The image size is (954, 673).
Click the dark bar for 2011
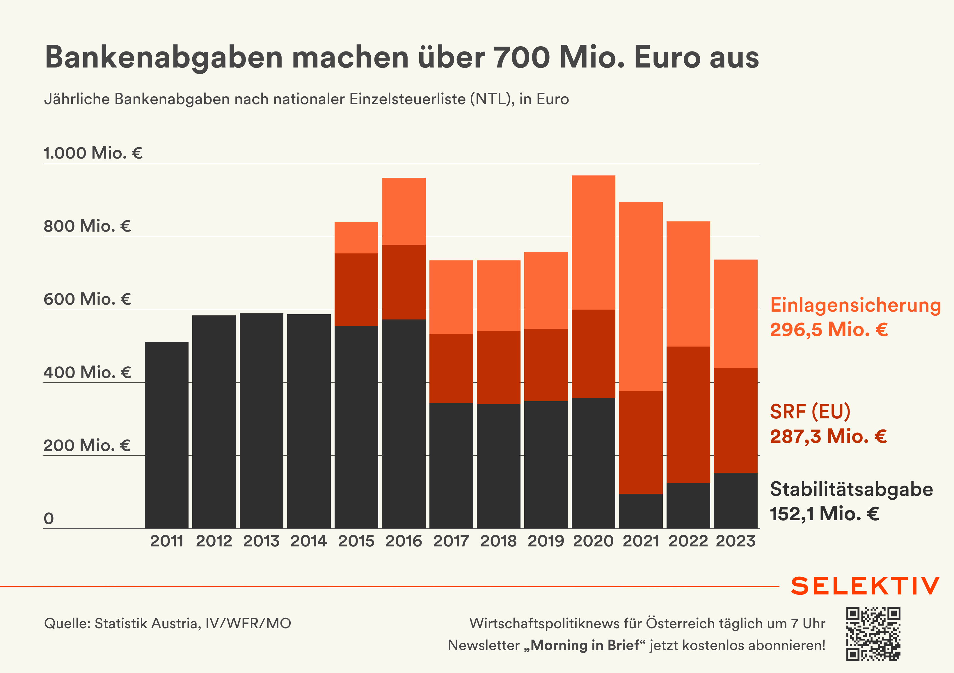[x=167, y=435]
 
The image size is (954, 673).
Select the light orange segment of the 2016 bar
[x=404, y=211]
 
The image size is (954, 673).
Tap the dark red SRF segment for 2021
[x=641, y=443]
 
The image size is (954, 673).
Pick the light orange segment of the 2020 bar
[x=593, y=242]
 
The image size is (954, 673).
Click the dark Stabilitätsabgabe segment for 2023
[x=736, y=500]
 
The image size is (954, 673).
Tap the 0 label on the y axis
[x=49, y=518]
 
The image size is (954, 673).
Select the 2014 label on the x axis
[x=309, y=541]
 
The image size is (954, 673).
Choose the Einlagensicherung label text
[x=855, y=305]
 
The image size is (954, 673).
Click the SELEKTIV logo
[x=865, y=586]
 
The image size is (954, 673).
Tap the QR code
[x=873, y=634]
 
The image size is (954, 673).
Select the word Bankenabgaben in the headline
[x=164, y=57]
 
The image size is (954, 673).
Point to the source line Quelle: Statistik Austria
[x=168, y=624]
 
